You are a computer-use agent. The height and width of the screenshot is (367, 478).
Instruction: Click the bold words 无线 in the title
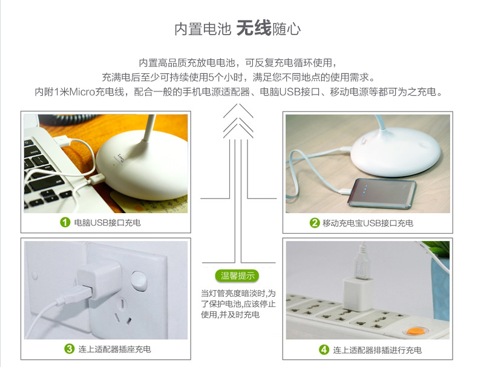click(x=254, y=28)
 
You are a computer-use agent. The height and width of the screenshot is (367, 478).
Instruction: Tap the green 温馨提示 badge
click(x=237, y=276)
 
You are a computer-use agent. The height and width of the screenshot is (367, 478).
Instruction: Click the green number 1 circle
click(x=65, y=222)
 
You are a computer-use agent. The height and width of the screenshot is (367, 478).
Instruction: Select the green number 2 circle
click(x=314, y=223)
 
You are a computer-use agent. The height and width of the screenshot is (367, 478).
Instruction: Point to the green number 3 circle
click(x=69, y=349)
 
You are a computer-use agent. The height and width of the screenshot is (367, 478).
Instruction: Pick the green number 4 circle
click(x=324, y=349)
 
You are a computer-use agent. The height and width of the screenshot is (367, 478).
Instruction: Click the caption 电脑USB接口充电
click(x=107, y=223)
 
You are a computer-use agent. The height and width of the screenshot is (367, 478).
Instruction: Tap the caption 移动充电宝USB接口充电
click(x=368, y=223)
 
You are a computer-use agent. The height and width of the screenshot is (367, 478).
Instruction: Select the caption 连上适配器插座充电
click(x=114, y=349)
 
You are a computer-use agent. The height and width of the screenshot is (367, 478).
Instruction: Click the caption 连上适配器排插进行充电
click(x=377, y=350)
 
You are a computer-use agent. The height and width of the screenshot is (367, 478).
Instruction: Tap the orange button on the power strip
click(x=414, y=331)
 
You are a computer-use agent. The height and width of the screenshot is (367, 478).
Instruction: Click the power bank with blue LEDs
click(x=382, y=194)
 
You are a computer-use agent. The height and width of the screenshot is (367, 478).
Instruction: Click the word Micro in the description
click(x=82, y=91)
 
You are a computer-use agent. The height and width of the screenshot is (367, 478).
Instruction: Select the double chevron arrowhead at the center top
click(x=238, y=121)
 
